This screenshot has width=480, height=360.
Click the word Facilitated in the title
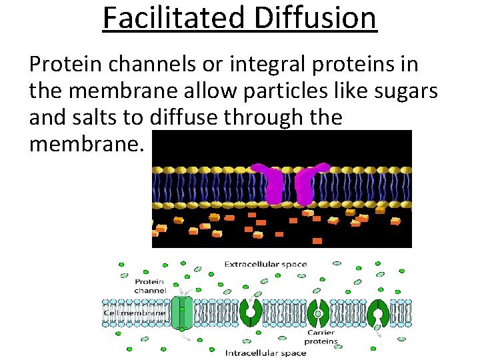pyautogui.click(x=174, y=18)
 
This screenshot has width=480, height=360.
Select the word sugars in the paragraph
pyautogui.click(x=409, y=91)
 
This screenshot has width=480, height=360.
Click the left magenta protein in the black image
pyautogui.click(x=273, y=184)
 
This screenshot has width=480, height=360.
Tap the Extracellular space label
pyautogui.click(x=265, y=265)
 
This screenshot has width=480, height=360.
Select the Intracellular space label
pyautogui.click(x=265, y=353)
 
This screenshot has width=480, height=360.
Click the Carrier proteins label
pyautogui.click(x=323, y=337)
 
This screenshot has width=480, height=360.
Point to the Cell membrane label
pyautogui.click(x=134, y=313)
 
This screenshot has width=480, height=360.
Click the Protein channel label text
pyautogui.click(x=150, y=286)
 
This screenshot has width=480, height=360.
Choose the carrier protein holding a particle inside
pyautogui.click(x=318, y=313)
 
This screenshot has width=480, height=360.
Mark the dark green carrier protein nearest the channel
pyautogui.click(x=251, y=312)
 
